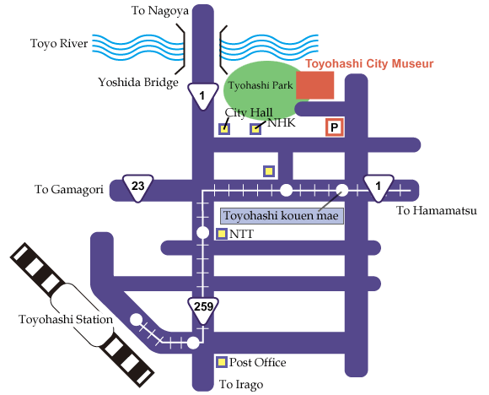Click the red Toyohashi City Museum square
315,85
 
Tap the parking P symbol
335,127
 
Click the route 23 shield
137,188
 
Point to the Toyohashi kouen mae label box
282,216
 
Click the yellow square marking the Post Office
222,362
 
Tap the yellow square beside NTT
222,234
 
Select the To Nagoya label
160,11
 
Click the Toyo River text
59,43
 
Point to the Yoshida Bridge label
138,83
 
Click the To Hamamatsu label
436,211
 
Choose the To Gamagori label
69,190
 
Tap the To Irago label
241,384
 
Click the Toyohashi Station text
66,319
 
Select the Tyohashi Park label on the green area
261,85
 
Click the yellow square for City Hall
224,128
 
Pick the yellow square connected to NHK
255,129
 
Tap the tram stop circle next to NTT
202,233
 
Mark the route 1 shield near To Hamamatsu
379,188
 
